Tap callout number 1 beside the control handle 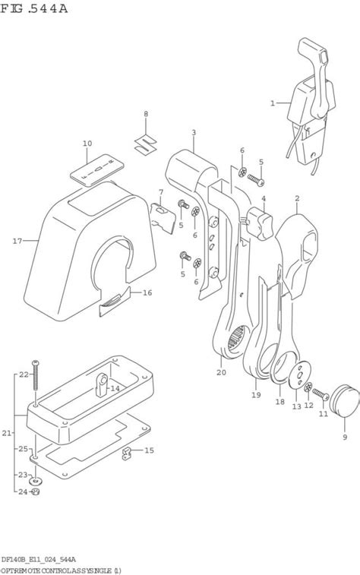pos(273,103)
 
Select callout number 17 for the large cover pos(17,242)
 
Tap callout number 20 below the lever pos(221,372)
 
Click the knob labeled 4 pos(263,223)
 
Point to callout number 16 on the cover pos(147,292)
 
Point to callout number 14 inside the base pos(115,388)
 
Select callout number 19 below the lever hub pos(256,395)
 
